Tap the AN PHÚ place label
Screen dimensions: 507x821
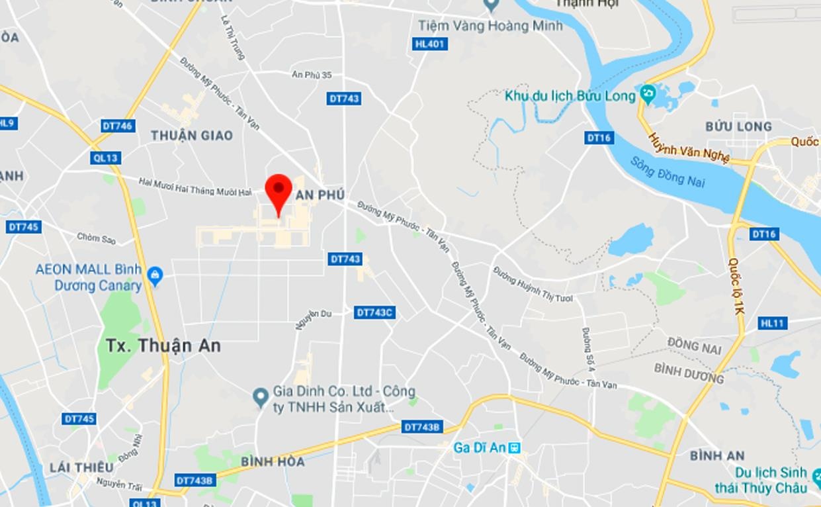[320, 194]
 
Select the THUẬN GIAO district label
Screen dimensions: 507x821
[192, 136]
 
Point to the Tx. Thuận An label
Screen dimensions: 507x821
[163, 346]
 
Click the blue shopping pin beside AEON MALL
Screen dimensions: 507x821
[155, 276]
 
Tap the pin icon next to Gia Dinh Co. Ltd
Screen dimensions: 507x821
[261, 397]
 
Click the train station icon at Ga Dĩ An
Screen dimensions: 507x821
[514, 448]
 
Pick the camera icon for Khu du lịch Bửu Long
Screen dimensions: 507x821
[646, 95]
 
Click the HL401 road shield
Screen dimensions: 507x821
[430, 44]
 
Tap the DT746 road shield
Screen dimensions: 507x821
[118, 126]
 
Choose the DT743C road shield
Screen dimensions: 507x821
[374, 312]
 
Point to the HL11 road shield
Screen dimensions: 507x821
[772, 323]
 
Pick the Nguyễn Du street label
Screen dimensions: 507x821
[314, 319]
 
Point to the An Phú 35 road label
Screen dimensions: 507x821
[312, 75]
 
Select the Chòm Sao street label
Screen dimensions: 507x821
[97, 238]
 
